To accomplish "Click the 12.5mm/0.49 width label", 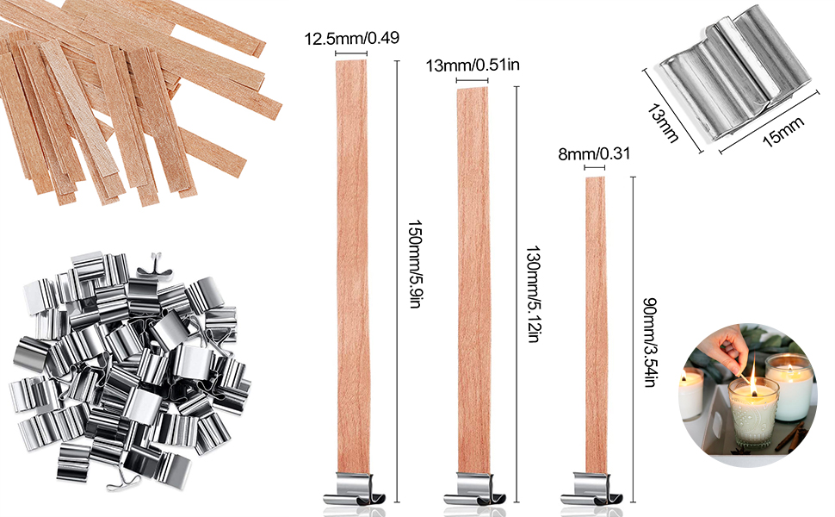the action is [351, 39].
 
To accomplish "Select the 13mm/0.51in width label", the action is [473, 65].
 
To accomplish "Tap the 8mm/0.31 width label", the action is [594, 154].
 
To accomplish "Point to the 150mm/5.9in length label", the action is [415, 265].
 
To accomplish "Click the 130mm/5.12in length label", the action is [534, 294].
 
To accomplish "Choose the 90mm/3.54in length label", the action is [650, 343].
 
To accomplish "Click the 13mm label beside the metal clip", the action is [663, 123].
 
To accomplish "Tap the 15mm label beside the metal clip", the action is [782, 132].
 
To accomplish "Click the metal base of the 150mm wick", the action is [354, 490].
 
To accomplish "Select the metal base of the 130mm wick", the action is [474, 490].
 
